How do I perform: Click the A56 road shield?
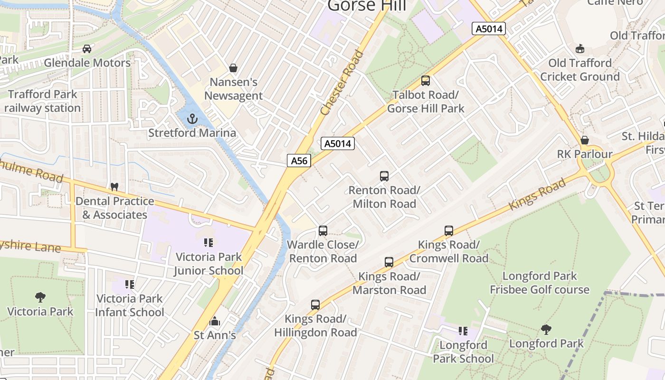tap(299, 161)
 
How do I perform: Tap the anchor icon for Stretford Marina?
tap(192, 119)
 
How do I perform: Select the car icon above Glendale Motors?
tap(87, 49)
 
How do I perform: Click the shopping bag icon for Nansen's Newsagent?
tap(233, 68)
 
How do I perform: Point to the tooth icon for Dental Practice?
tap(114, 187)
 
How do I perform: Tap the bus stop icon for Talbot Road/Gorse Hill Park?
tap(425, 81)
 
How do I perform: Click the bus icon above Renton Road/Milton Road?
tap(384, 176)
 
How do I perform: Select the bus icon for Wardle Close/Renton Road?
tap(323, 231)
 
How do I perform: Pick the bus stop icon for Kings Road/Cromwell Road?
tap(449, 231)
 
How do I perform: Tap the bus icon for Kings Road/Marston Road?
tap(389, 262)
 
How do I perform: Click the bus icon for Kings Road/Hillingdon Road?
tap(315, 305)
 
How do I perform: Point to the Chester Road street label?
tap(342, 83)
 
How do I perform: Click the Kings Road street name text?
tap(537, 194)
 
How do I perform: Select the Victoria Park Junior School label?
tap(208, 264)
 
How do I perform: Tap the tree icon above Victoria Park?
tap(40, 298)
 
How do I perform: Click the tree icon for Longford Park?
tap(546, 329)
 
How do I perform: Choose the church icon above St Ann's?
tap(215, 322)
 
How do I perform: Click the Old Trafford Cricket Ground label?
tap(579, 70)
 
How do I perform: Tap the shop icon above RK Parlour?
tap(585, 140)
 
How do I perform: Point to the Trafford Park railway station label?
tap(42, 101)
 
